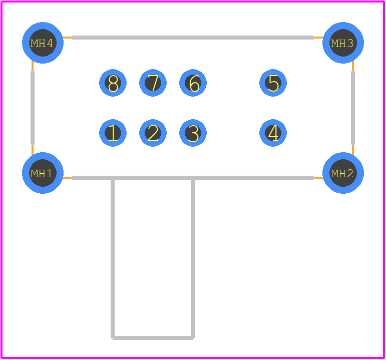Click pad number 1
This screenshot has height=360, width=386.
tap(113, 133)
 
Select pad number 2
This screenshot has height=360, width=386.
tap(153, 133)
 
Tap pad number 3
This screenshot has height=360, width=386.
tap(193, 133)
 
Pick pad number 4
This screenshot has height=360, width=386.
tap(273, 133)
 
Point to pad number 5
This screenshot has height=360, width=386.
tap(273, 83)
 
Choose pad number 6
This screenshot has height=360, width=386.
tap(193, 83)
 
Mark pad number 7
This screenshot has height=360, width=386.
tap(153, 83)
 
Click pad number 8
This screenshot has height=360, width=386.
tap(113, 83)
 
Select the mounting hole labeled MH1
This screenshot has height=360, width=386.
tap(43, 173)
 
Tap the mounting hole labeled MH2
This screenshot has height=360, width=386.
tap(343, 173)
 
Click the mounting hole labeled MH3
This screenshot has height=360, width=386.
tap(343, 43)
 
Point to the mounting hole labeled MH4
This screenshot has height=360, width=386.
tap(43, 43)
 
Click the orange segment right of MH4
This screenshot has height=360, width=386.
tap(68, 38)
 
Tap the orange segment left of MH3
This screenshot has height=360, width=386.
tap(318, 38)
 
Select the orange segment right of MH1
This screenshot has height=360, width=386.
tap(68, 178)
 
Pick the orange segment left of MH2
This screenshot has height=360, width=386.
tap(318, 178)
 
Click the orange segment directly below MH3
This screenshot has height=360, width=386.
tap(353, 66)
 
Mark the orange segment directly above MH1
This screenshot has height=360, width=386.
tap(33, 150)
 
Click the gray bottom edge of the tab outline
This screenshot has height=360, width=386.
tap(153, 338)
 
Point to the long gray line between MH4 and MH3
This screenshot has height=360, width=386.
tap(193, 38)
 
